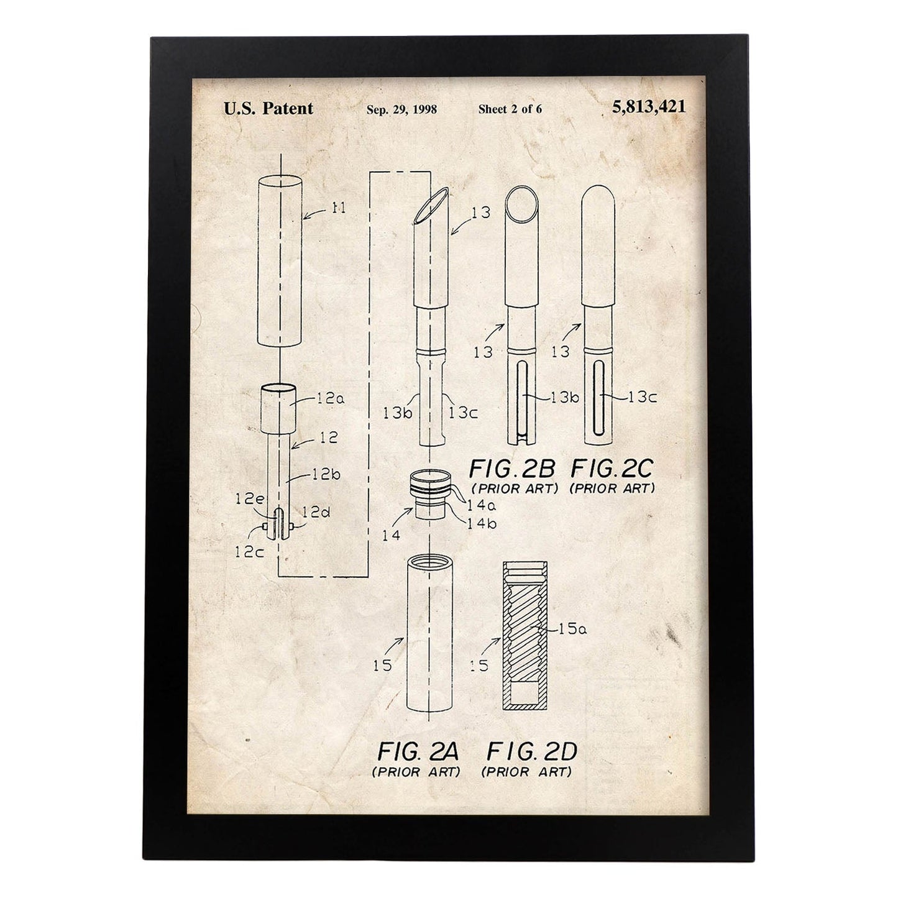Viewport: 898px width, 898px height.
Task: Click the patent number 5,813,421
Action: [x=649, y=107]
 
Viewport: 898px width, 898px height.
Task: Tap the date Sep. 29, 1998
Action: [x=401, y=109]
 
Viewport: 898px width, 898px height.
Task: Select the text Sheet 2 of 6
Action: [x=510, y=109]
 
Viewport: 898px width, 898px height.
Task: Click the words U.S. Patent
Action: [x=268, y=109]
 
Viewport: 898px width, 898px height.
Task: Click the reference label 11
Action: [x=339, y=208]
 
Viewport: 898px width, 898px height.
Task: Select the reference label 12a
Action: [x=331, y=398]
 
